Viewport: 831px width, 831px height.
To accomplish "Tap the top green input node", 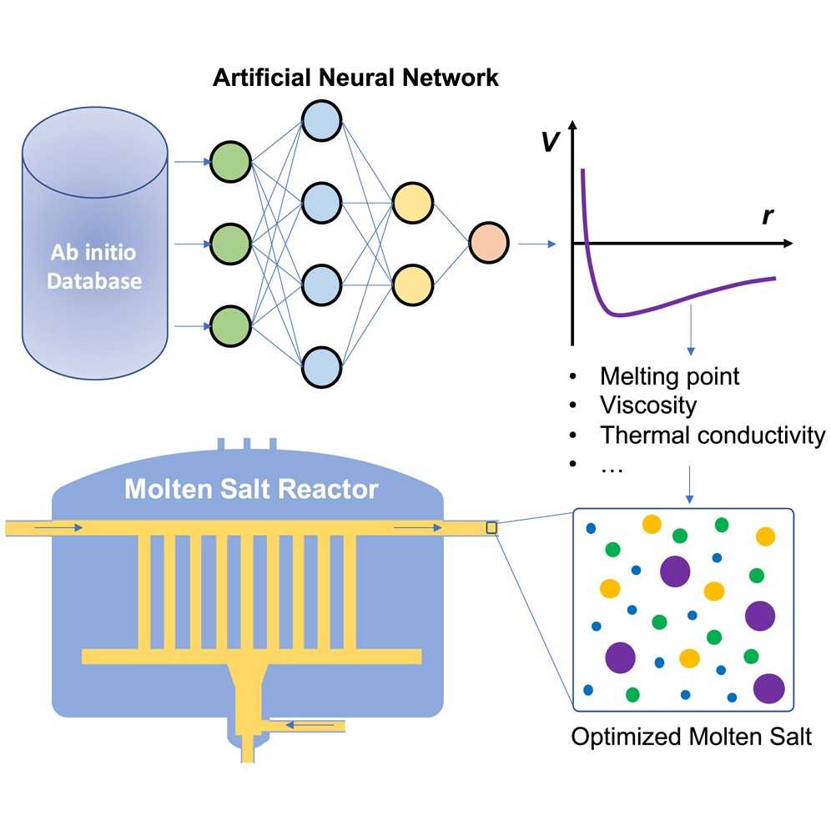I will click(230, 163).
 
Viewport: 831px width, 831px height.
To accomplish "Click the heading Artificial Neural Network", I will click(355, 78).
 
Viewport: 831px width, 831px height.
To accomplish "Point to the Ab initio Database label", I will click(94, 266).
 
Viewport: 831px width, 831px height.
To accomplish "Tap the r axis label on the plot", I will click(767, 216).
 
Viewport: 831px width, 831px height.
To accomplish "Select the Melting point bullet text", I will click(669, 376).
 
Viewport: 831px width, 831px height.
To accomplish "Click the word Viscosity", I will click(647, 405).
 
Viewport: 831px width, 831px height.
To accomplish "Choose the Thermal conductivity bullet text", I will click(713, 436).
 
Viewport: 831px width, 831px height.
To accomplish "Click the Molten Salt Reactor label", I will click(251, 489).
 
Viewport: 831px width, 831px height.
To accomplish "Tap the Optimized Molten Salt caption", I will click(691, 738).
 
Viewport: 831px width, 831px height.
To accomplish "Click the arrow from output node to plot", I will click(536, 244).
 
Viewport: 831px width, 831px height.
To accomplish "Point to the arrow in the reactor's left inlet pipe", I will click(61, 527).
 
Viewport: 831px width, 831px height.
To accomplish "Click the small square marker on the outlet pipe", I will click(491, 527).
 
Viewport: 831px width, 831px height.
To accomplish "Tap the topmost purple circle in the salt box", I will click(675, 572).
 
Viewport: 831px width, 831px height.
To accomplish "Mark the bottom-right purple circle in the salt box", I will click(768, 689).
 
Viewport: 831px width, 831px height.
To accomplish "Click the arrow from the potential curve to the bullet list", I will click(690, 334).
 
